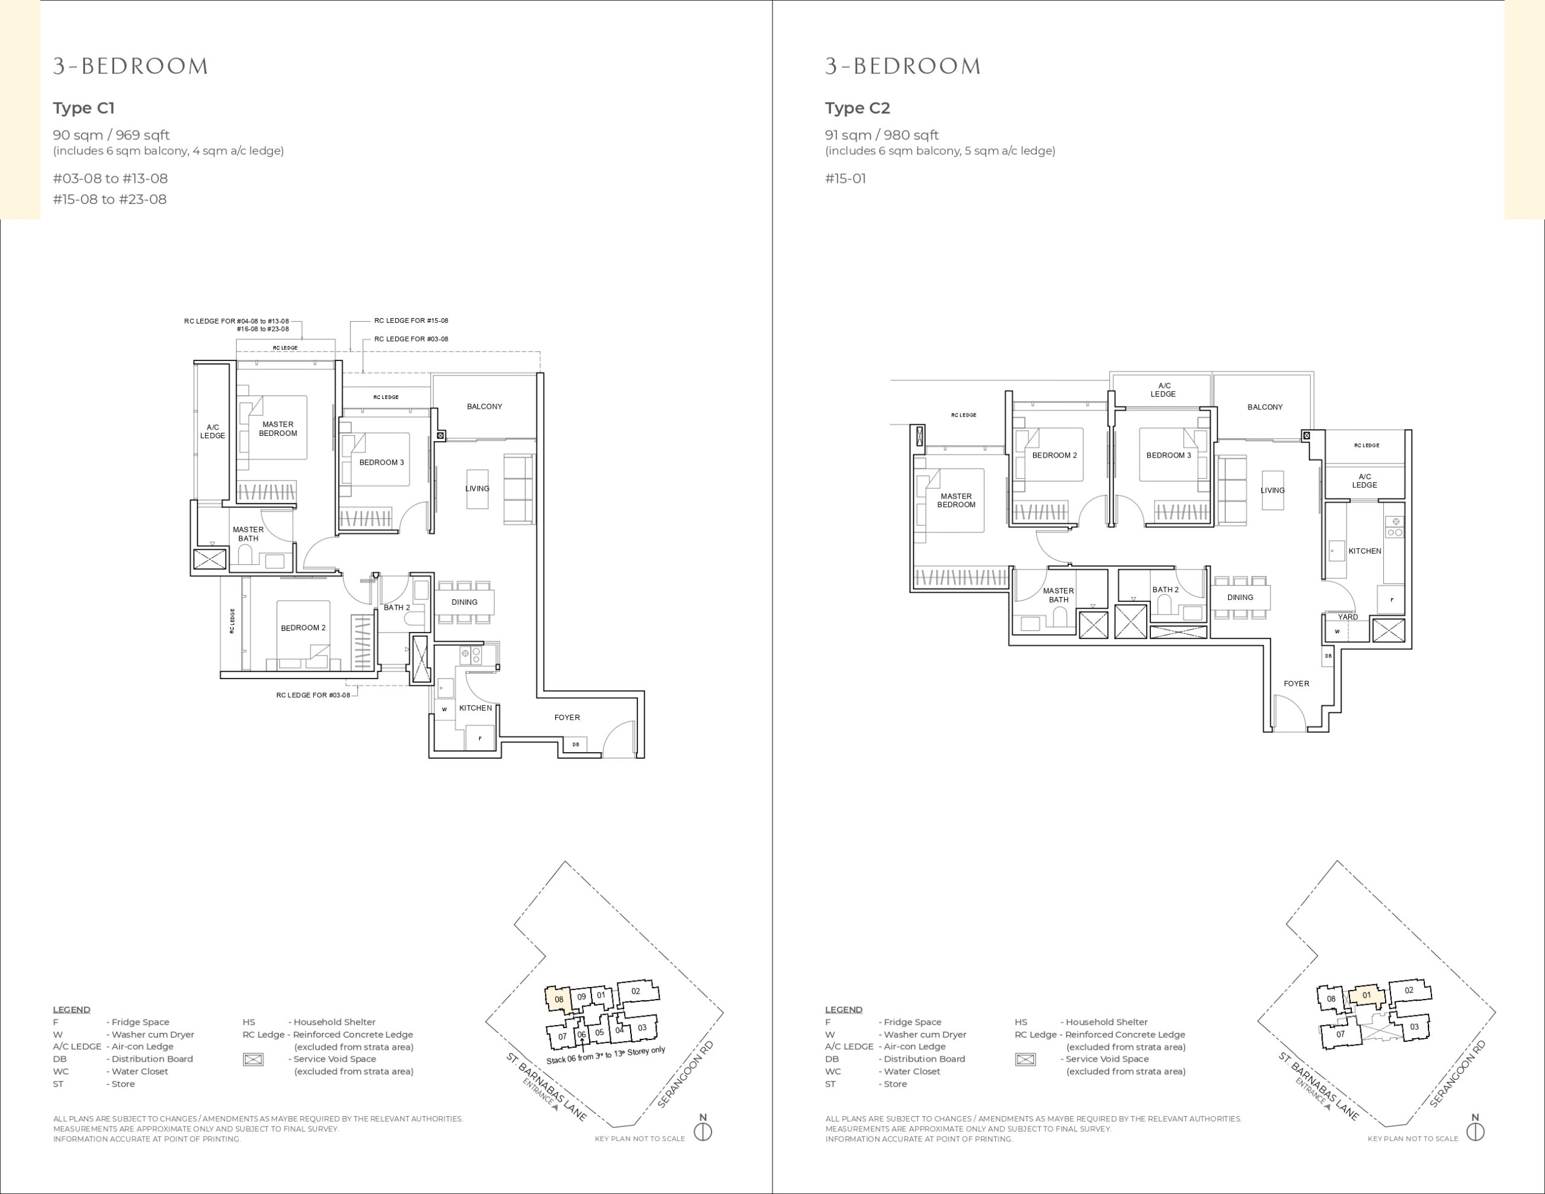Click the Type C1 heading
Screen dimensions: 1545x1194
coord(83,108)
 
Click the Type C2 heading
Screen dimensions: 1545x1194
coord(858,108)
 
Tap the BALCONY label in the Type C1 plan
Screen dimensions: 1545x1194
coord(485,407)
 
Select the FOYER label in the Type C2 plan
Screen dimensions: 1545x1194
coord(1297,684)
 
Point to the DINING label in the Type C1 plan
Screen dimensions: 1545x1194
coord(465,602)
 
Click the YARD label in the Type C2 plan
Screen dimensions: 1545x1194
coord(1348,617)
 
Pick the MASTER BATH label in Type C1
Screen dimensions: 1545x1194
coord(248,534)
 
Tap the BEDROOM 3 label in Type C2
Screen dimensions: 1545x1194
coord(1168,456)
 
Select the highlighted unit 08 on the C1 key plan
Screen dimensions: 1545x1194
coord(558,998)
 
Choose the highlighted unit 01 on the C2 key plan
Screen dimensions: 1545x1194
coord(1366,995)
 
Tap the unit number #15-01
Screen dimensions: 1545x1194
coord(846,178)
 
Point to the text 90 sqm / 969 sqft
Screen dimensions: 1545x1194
coord(111,135)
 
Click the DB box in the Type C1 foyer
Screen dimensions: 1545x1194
coord(575,744)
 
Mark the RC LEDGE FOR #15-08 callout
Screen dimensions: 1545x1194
coord(411,321)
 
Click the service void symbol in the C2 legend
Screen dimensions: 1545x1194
coord(1025,1059)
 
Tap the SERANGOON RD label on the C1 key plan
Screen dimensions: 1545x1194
coord(686,1074)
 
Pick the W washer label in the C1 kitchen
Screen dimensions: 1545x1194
coord(444,709)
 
